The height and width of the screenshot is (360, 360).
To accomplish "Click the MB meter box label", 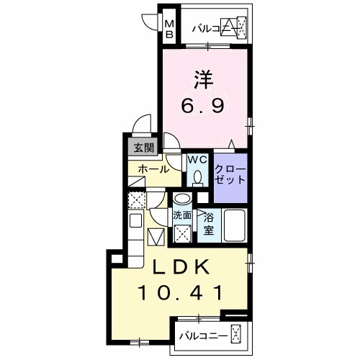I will tap(169, 30).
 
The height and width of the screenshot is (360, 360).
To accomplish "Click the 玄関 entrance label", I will tap(142, 148).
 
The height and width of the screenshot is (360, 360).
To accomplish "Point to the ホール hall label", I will tap(154, 170).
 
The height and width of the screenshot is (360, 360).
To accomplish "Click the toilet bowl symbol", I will tap(197, 178).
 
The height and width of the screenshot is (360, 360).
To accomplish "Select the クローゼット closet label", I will tap(230, 174).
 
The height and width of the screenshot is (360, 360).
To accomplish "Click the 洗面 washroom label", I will tap(182, 215).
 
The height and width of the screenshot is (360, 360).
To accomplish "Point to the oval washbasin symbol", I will tap(183, 199).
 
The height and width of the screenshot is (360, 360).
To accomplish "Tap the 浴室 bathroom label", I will tap(208, 223).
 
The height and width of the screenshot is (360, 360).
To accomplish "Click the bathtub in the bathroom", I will tap(235, 225).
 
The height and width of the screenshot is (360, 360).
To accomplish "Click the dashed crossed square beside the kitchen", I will tap(137, 199).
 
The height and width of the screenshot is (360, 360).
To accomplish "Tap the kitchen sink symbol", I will tap(136, 222).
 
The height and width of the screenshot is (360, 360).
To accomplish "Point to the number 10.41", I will tap(180, 294).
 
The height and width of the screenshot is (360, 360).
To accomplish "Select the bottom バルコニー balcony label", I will tap(204, 336).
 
